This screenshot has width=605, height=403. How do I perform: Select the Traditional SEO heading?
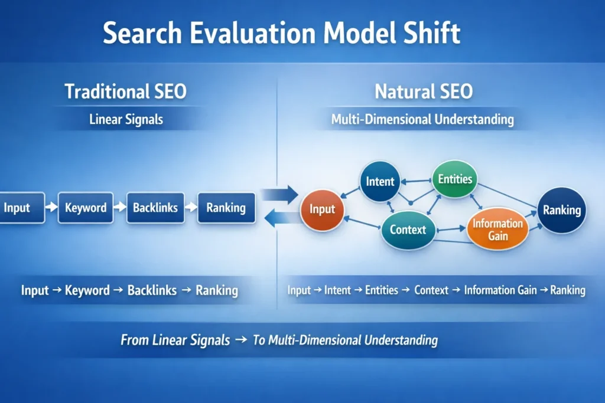125,91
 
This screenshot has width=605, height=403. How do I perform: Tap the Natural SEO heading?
424,91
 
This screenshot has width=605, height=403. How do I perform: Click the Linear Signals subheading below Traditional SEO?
126,120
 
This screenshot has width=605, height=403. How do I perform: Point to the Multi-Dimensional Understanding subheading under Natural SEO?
422,120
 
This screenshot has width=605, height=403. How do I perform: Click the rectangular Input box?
19,208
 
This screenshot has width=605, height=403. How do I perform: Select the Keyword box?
86,208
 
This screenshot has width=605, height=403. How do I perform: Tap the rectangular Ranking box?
226,208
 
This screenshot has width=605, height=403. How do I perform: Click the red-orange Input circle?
322,209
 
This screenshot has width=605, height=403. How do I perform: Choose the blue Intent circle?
380,181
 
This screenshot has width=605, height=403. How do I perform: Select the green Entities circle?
455,179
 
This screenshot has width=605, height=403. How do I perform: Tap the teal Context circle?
408,230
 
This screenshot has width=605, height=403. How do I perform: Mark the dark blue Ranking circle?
562,210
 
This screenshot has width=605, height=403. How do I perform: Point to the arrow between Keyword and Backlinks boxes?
120,208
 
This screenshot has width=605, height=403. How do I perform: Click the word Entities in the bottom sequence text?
382,290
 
